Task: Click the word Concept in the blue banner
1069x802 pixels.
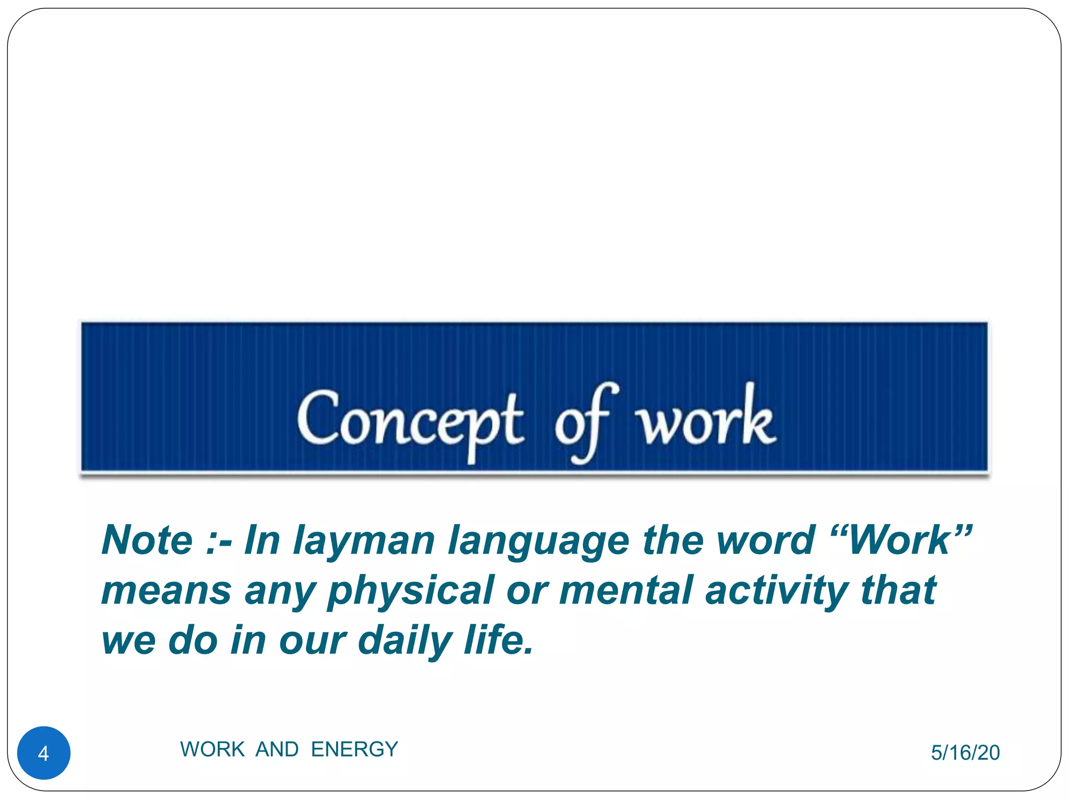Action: coord(410,421)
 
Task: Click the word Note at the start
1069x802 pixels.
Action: coord(147,540)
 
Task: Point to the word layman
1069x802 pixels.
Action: coord(363,541)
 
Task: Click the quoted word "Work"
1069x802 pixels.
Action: coord(901,540)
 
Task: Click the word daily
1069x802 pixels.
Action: coord(405,641)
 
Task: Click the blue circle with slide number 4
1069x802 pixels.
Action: coord(44,753)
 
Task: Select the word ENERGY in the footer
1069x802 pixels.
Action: coord(354,749)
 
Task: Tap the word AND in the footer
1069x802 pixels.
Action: coord(277,749)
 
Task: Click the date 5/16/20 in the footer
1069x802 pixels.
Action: coord(965,753)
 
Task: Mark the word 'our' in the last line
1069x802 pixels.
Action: coord(312,641)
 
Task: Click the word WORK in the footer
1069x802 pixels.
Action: coord(212,749)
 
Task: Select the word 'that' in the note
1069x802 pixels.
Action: coord(898,590)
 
